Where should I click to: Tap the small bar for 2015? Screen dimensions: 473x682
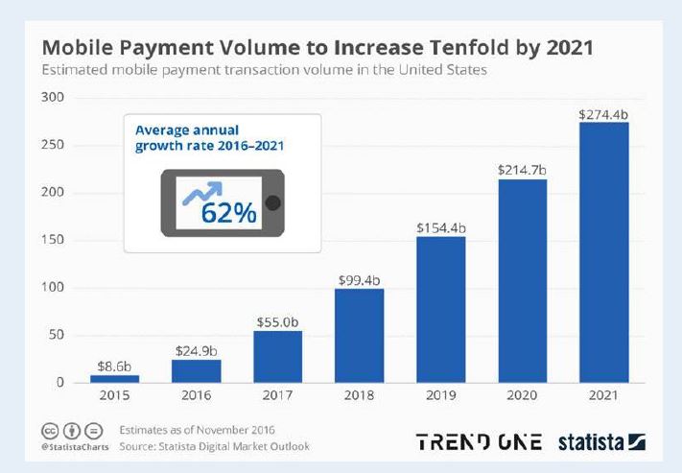114,378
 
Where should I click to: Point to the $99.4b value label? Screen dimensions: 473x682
359,279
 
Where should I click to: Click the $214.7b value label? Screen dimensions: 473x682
522,170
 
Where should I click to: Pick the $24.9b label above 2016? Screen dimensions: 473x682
196,350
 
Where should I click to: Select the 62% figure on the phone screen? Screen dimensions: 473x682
228,212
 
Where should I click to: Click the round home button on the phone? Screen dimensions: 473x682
273,202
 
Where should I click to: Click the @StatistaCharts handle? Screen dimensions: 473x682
72,447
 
